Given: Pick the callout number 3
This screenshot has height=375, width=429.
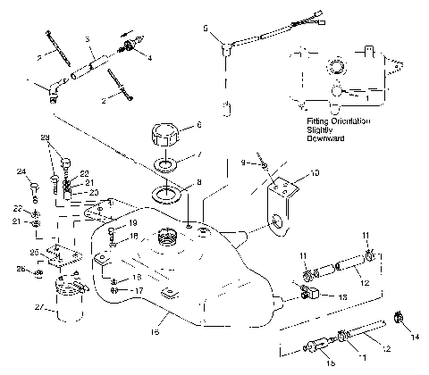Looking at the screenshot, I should (88, 40).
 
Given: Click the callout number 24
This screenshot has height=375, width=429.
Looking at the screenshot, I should (21, 172).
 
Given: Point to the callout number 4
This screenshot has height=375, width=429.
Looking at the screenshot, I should (150, 59).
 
